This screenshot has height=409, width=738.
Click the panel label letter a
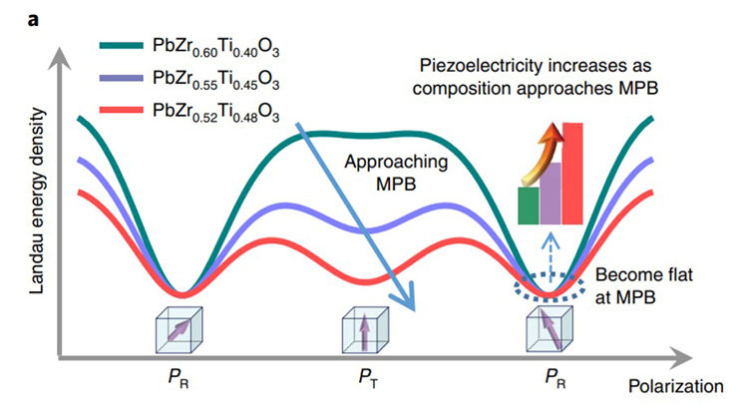[x=33, y=20]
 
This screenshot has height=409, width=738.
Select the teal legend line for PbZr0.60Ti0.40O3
[x=121, y=46]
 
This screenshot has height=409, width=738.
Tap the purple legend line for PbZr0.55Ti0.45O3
[x=121, y=78]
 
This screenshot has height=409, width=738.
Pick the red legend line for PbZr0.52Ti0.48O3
[x=121, y=110]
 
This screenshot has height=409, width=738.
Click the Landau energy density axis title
[x=37, y=202]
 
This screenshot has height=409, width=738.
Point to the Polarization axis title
[x=675, y=386]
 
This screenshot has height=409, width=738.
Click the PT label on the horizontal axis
[x=368, y=378]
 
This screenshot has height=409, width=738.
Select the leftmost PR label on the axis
[x=179, y=378]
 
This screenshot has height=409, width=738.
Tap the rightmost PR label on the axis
[x=555, y=378]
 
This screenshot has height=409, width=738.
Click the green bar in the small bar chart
[x=529, y=205]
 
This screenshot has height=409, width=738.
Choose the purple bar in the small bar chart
[x=551, y=194]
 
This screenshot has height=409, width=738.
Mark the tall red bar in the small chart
[x=572, y=174]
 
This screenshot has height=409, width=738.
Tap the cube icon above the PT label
[x=365, y=330]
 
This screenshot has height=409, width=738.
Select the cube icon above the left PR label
[x=179, y=330]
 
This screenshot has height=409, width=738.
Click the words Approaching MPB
[x=396, y=173]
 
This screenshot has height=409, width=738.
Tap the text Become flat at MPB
[x=644, y=285]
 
